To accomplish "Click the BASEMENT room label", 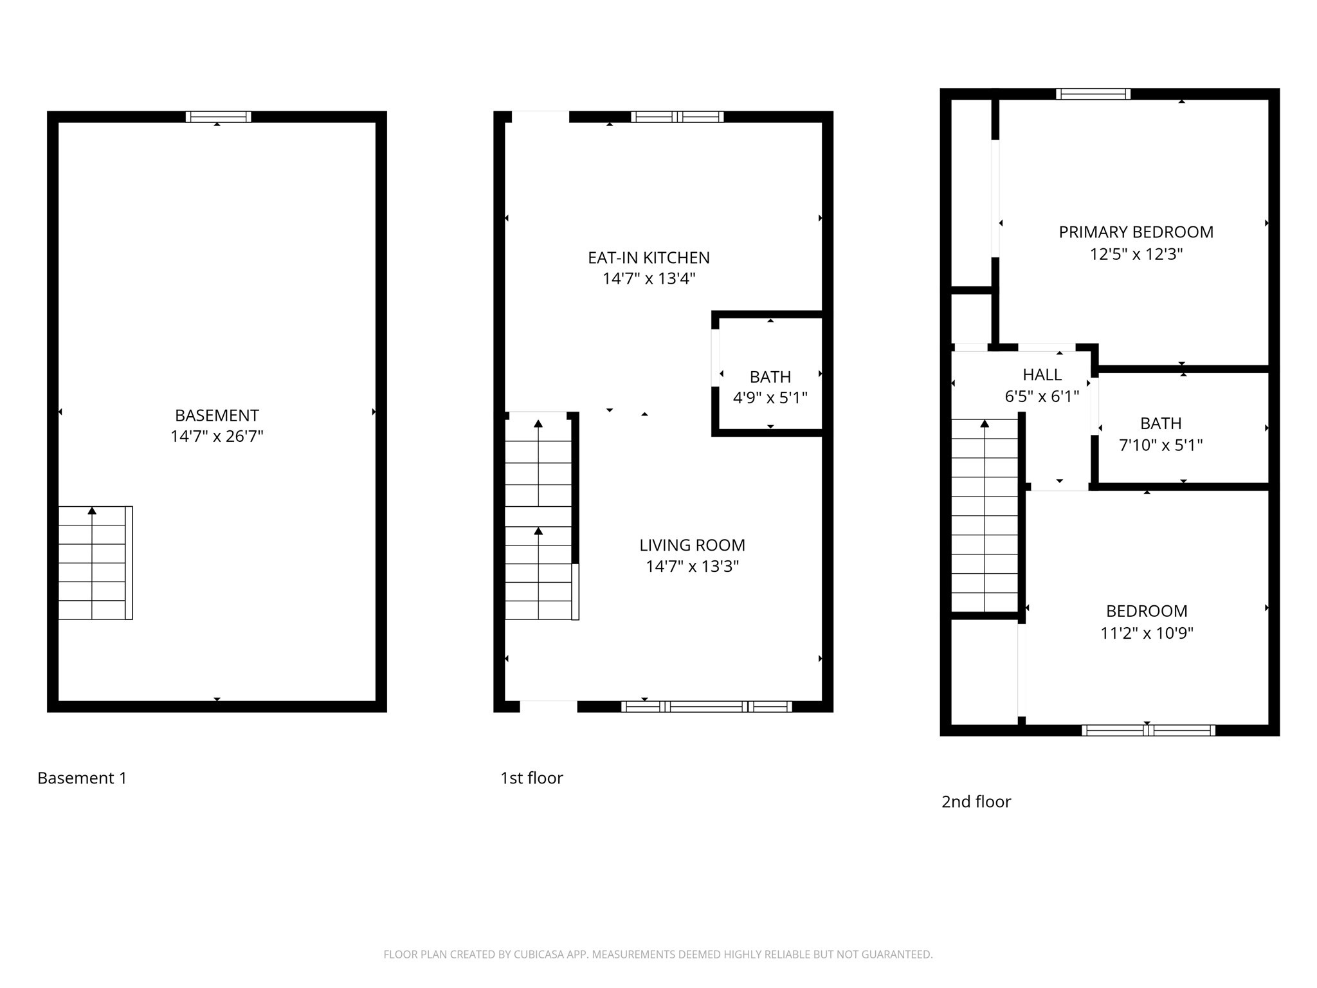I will [x=217, y=416].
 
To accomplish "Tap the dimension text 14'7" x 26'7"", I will [x=217, y=437].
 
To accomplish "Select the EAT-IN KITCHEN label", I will [x=648, y=258].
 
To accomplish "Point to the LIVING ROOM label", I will [x=692, y=545].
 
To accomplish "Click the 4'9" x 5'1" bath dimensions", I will [x=770, y=398].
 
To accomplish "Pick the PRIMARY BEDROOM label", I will [x=1136, y=232].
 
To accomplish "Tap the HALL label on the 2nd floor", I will [x=1042, y=375].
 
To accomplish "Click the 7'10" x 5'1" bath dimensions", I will [x=1161, y=445].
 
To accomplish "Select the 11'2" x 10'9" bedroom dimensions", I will [x=1147, y=634].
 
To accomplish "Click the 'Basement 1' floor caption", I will [x=82, y=778].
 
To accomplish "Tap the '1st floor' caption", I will [x=531, y=778].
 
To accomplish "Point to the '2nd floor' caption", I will [x=976, y=802].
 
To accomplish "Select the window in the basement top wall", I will [x=218, y=117].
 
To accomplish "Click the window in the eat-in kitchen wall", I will [x=677, y=117].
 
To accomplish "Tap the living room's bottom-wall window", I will [x=706, y=707].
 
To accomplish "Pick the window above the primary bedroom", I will [x=1093, y=94].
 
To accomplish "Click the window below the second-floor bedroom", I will [x=1148, y=731].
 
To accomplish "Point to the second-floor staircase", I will [x=984, y=515].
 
